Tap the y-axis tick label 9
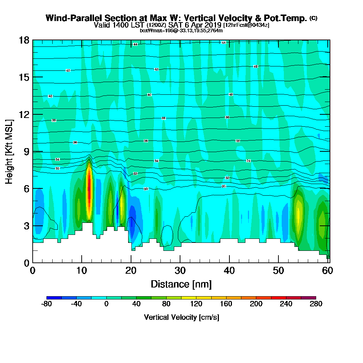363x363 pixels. (x=26, y=151)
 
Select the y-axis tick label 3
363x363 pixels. (x=26, y=226)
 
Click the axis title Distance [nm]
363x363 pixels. (x=181, y=284)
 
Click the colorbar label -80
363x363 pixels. (x=47, y=304)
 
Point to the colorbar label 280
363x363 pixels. (x=316, y=304)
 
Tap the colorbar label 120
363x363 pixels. (x=196, y=304)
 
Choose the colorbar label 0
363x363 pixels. (x=107, y=304)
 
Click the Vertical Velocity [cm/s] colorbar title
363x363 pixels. (x=181, y=317)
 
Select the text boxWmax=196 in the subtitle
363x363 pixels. (x=155, y=30)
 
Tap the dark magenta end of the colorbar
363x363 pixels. (x=312, y=298)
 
